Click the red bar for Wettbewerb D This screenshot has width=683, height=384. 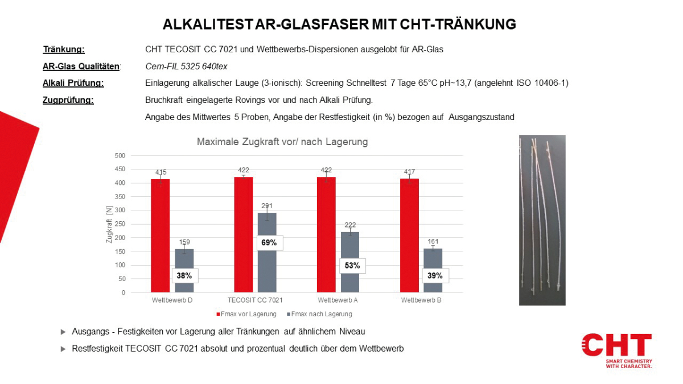[x=161, y=236]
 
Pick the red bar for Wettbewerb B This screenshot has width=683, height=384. [x=410, y=236]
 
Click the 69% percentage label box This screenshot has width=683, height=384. [x=269, y=243]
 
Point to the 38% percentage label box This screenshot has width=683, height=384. [x=185, y=276]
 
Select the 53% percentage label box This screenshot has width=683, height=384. [x=352, y=266]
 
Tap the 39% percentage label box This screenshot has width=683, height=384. [x=435, y=276]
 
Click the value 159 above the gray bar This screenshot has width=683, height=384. [x=183, y=242]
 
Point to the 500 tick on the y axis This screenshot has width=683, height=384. [x=120, y=155]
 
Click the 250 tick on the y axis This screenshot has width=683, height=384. [x=120, y=224]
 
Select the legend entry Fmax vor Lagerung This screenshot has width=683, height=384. [x=246, y=314]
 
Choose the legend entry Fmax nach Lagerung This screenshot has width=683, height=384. [x=320, y=314]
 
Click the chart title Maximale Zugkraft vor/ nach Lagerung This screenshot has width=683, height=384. [x=282, y=142]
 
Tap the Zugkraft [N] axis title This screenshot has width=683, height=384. [x=109, y=224]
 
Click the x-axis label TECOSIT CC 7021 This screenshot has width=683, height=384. [x=255, y=300]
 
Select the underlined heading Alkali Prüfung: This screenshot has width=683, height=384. [x=73, y=83]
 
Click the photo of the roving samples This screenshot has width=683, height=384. [x=542, y=220]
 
